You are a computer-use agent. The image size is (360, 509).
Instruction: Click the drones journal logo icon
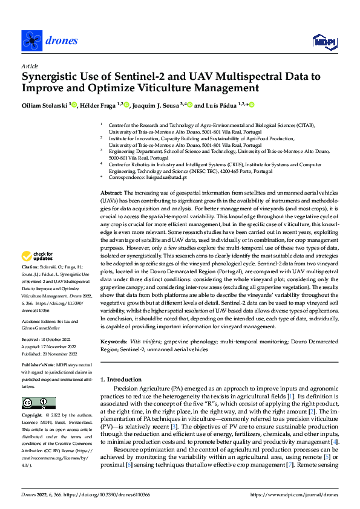(x=30, y=41)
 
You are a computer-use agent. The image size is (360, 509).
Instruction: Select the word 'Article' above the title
(x=29, y=66)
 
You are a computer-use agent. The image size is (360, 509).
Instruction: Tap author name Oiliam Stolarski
(x=44, y=105)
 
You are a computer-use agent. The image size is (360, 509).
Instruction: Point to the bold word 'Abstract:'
(x=113, y=192)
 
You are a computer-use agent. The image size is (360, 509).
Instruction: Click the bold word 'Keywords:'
(x=115, y=342)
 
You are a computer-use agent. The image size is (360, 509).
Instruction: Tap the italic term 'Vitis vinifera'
(x=146, y=342)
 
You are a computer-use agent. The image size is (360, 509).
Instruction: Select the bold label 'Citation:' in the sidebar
(x=30, y=284)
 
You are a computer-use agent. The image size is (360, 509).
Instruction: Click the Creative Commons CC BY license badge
(x=38, y=403)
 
